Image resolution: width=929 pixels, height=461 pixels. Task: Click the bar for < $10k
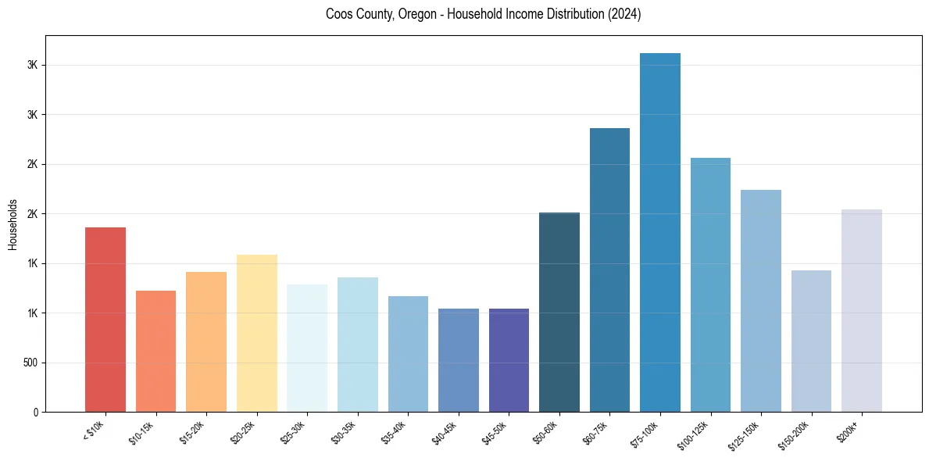click(x=105, y=320)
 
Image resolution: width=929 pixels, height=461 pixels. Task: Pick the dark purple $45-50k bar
click(x=509, y=360)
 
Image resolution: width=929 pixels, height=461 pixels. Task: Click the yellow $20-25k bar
click(x=256, y=334)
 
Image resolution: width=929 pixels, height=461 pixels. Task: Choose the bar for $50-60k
click(x=559, y=313)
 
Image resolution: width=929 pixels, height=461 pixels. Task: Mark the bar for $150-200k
click(x=811, y=341)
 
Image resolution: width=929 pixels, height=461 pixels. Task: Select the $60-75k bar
click(x=609, y=270)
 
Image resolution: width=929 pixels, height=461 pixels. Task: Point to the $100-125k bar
click(x=710, y=285)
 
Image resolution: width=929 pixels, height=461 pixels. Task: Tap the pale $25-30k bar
click(x=307, y=348)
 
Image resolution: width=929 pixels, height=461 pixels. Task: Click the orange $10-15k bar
click(x=155, y=352)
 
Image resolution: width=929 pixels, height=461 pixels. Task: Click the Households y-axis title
click(x=13, y=224)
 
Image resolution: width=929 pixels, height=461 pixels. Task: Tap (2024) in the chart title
click(x=625, y=14)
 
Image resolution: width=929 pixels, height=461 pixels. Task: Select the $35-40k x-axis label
click(x=395, y=432)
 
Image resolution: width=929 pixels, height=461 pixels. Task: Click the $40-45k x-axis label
click(x=445, y=432)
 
